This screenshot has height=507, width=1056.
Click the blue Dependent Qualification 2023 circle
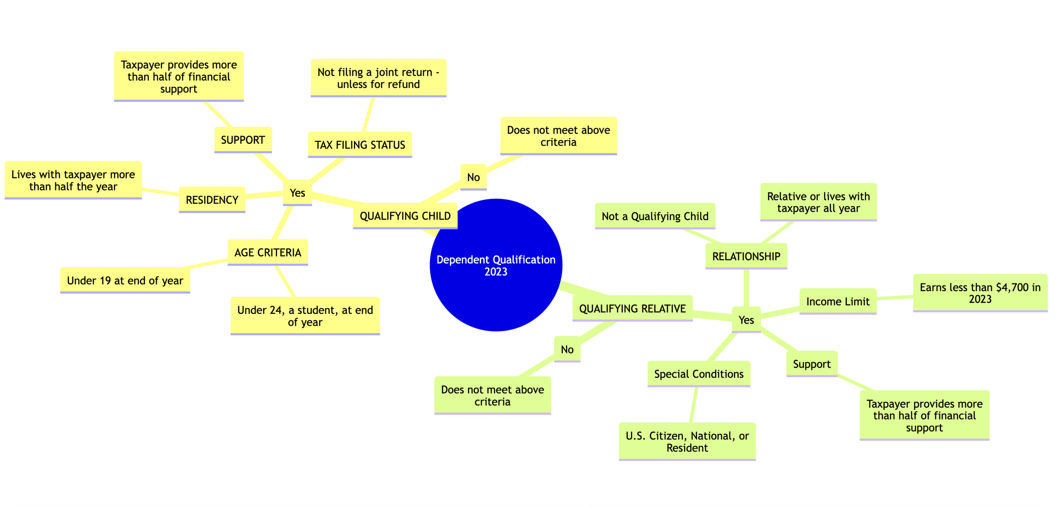(496, 265)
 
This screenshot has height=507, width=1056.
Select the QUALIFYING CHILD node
(405, 216)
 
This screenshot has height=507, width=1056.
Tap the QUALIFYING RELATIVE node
(632, 309)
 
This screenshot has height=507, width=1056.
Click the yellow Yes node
(297, 193)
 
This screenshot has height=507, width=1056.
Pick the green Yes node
(746, 320)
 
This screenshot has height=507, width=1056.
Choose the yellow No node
(474, 177)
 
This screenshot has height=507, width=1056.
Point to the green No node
(567, 349)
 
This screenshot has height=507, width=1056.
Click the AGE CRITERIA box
(268, 253)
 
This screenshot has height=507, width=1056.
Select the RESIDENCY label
(212, 200)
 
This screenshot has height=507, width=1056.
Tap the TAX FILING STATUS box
(360, 145)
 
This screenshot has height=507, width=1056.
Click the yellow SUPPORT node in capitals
(243, 140)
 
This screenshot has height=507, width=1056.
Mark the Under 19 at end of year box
(125, 281)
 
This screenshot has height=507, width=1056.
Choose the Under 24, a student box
(305, 316)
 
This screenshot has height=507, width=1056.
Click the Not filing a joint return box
(378, 78)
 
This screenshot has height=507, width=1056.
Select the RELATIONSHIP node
(746, 256)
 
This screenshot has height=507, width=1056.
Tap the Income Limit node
(838, 302)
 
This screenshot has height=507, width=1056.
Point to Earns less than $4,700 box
(980, 293)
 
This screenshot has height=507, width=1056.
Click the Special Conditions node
(699, 374)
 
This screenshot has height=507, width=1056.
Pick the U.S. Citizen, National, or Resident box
(687, 442)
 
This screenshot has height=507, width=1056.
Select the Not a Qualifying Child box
(655, 216)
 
